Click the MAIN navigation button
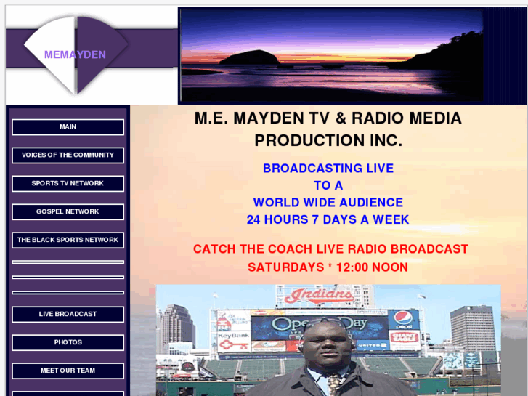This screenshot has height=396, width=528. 68,127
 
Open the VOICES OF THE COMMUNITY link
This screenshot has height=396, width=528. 68,155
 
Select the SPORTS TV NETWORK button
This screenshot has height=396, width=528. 68,184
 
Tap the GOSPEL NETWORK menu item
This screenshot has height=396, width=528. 68,212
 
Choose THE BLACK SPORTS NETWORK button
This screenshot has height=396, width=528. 68,241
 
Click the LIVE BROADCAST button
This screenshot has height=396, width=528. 68,315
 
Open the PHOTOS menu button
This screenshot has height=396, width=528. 68,342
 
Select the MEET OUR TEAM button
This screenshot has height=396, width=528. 68,371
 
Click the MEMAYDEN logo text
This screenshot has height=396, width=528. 75,54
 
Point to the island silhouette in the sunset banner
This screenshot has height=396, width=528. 249,57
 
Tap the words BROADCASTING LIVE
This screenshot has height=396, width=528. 328,169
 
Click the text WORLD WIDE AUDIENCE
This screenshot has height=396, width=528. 328,203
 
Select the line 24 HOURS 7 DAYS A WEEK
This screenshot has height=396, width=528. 328,219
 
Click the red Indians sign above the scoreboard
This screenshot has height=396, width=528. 320,296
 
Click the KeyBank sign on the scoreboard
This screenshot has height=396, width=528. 233,336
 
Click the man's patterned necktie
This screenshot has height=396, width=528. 334,383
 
